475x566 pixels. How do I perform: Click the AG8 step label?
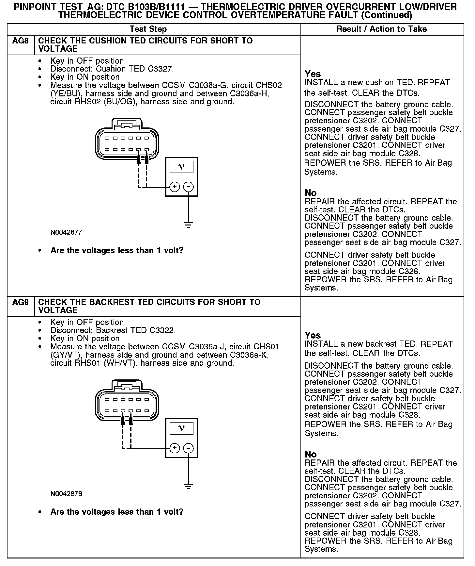(20, 41)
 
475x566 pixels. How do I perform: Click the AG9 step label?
(20, 302)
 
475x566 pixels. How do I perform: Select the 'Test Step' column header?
(148, 29)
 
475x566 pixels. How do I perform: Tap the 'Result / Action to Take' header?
(381, 29)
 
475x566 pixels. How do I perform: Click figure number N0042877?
(66, 233)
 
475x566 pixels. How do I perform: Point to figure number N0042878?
(66, 494)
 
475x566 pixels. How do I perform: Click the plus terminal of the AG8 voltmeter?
(175, 187)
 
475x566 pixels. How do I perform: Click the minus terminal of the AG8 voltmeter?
(189, 187)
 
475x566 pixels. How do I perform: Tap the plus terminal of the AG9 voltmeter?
(175, 448)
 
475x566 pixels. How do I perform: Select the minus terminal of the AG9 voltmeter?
(189, 448)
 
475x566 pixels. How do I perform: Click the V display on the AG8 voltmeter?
(182, 167)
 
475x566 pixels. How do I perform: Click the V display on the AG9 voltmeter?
(182, 428)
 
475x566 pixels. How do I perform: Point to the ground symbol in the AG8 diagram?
(188, 225)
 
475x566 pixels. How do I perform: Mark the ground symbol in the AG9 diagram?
(188, 486)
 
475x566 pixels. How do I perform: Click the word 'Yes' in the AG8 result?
(313, 74)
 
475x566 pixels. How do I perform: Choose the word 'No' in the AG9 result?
(311, 454)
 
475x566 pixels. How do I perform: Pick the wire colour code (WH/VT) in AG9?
(119, 363)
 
